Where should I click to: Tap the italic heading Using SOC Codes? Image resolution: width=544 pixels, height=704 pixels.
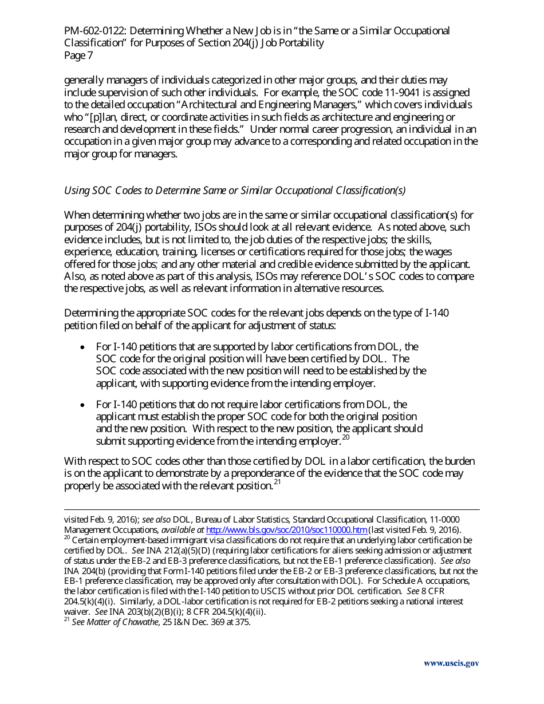pyautogui.click(x=107, y=191)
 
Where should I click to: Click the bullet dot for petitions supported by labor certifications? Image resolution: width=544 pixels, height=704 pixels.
pyautogui.click(x=84, y=347)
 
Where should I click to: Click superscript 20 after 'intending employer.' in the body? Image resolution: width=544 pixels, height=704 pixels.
pyautogui.click(x=345, y=438)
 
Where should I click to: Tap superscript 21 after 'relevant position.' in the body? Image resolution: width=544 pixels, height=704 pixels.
pyautogui.click(x=277, y=482)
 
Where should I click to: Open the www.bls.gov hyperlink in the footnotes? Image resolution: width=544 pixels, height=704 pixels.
pyautogui.click(x=286, y=530)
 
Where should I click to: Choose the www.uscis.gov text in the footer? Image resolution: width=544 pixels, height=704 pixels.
pyautogui.click(x=451, y=664)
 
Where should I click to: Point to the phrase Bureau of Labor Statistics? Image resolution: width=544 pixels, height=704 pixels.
pyautogui.click(x=243, y=520)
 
